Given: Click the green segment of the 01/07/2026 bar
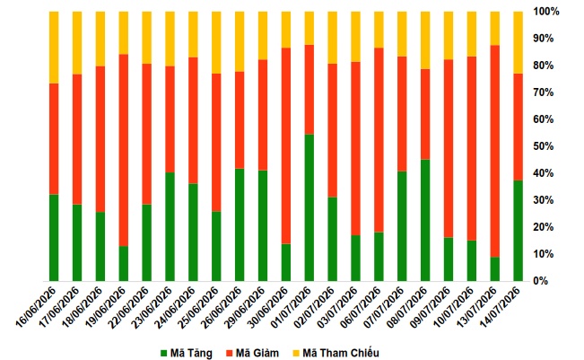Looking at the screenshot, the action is tap(309, 207).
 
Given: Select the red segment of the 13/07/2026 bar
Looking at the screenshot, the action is tap(494, 152).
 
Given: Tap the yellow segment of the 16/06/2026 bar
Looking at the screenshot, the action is tap(54, 48).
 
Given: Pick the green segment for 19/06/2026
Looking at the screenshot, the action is tap(124, 263).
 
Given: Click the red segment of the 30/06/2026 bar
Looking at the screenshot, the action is tap(286, 145).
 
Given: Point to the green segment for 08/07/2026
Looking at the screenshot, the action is tap(425, 220).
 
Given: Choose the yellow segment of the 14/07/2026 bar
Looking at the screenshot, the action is tap(519, 42).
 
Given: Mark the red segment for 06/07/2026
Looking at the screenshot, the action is tap(379, 140).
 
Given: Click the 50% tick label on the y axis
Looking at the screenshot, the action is tap(544, 146).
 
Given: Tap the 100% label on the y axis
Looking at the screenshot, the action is tap(546, 12).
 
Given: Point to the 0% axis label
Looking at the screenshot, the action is tap(541, 281).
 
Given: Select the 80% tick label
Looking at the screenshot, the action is tap(544, 66).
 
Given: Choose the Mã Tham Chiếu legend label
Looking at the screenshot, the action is tap(340, 353).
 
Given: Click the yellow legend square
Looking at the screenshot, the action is tap(296, 353).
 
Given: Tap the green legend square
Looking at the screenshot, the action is tap(164, 353).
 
